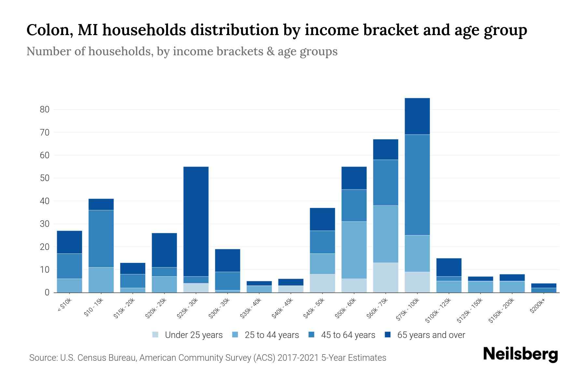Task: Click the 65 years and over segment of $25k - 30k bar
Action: [196, 221]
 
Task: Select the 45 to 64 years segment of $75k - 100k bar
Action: [417, 185]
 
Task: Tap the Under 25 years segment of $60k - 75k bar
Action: [385, 278]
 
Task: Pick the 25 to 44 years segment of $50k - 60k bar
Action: [354, 250]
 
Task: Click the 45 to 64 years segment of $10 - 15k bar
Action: [101, 239]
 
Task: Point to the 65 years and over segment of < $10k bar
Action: [69, 242]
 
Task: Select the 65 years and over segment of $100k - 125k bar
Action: [449, 267]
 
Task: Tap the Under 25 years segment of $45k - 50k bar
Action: [322, 283]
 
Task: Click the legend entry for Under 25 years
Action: [188, 335]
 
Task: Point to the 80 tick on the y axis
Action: [45, 110]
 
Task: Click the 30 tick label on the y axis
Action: [45, 224]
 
